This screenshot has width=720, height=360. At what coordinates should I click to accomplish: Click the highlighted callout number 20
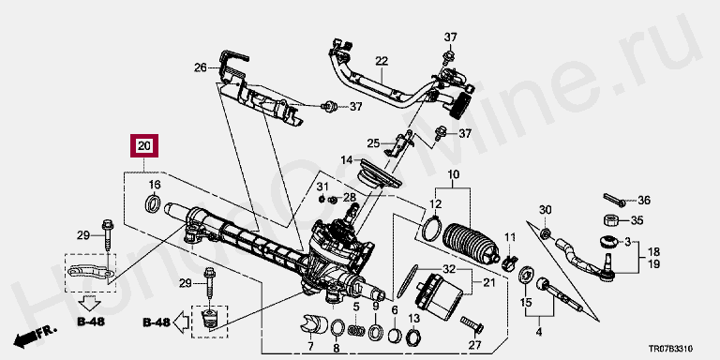point(144,146)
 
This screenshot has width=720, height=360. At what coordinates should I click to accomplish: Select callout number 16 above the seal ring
point(155,185)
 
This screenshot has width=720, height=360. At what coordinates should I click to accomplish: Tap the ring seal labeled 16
point(153,204)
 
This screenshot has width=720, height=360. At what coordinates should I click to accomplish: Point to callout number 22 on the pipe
point(382,61)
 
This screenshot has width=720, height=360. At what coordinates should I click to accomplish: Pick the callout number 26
point(201,67)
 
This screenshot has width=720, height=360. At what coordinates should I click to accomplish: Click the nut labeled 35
point(611,220)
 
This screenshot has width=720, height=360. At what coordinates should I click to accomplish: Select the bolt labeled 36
point(614,200)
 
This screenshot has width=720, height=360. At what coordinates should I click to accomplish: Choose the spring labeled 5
point(356,330)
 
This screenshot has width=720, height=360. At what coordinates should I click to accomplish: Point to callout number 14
point(346,160)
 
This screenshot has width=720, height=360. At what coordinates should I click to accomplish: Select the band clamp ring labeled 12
point(430,228)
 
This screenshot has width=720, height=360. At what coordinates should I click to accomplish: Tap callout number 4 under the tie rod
point(539,332)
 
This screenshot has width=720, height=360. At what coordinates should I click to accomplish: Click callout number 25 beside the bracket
point(373,143)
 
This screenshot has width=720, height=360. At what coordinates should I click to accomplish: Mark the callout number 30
point(545,210)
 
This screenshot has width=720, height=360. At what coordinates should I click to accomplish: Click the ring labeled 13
point(413,337)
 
